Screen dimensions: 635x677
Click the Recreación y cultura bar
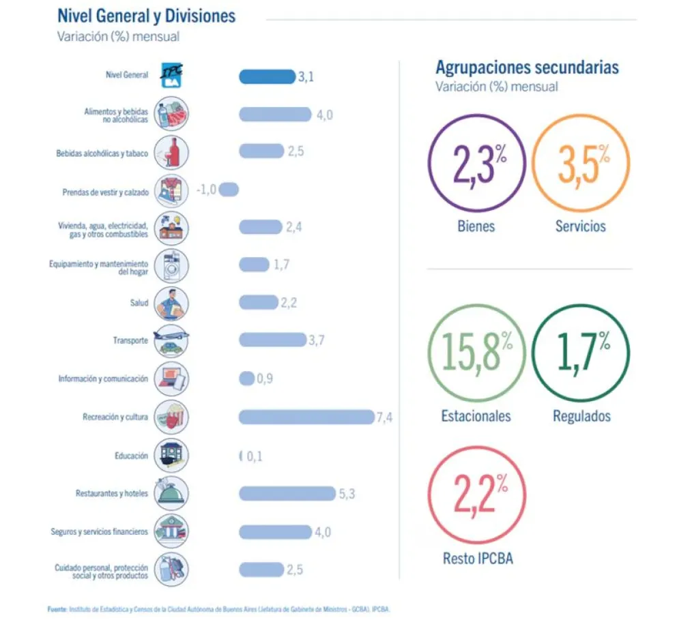(x=305, y=417)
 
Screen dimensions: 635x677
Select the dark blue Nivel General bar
(x=267, y=76)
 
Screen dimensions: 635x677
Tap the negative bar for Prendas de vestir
(x=229, y=190)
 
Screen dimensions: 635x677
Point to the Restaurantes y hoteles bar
(x=287, y=493)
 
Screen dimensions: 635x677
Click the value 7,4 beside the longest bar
(x=384, y=417)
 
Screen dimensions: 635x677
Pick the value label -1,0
(x=206, y=190)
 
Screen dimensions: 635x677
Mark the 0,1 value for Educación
(x=255, y=456)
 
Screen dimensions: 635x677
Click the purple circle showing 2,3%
(x=476, y=163)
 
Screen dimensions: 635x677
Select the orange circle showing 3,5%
(x=581, y=163)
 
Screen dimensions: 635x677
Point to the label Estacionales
(x=476, y=415)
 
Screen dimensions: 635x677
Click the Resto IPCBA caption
(x=478, y=559)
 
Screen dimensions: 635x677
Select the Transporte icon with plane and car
(x=170, y=340)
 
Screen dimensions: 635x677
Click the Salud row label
(x=139, y=302)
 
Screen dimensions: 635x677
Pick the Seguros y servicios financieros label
(x=99, y=531)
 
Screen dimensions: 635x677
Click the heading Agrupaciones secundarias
(x=527, y=68)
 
